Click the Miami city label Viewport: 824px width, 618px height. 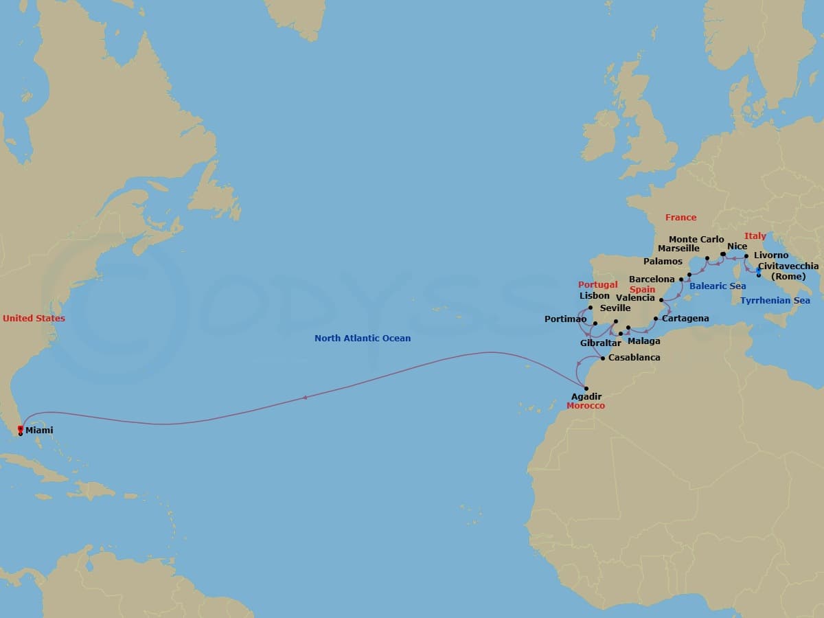pyautogui.click(x=39, y=431)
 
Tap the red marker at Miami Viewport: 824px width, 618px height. pyautogui.click(x=21, y=428)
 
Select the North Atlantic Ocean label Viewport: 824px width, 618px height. pyautogui.click(x=363, y=339)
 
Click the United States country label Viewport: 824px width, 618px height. pyautogui.click(x=34, y=319)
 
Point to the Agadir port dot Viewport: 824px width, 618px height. pyautogui.click(x=586, y=389)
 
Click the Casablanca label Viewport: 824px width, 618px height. pyautogui.click(x=634, y=358)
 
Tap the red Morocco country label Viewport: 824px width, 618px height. pyautogui.click(x=586, y=406)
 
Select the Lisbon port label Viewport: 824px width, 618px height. pyautogui.click(x=595, y=296)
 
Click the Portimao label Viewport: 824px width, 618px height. pyautogui.click(x=565, y=319)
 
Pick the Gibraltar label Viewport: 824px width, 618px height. pyautogui.click(x=600, y=343)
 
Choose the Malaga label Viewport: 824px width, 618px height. pyautogui.click(x=644, y=341)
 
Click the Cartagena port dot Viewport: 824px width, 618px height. pyautogui.click(x=655, y=319)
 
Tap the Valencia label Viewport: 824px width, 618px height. pyautogui.click(x=635, y=298)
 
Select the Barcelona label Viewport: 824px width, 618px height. pyautogui.click(x=652, y=279)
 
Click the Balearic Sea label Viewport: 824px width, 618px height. pyautogui.click(x=718, y=286)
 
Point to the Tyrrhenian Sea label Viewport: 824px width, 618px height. pyautogui.click(x=775, y=301)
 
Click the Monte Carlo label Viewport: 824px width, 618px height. pyautogui.click(x=696, y=240)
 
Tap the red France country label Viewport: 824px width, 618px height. pyautogui.click(x=680, y=218)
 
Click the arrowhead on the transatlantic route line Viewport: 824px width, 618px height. pyautogui.click(x=304, y=397)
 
